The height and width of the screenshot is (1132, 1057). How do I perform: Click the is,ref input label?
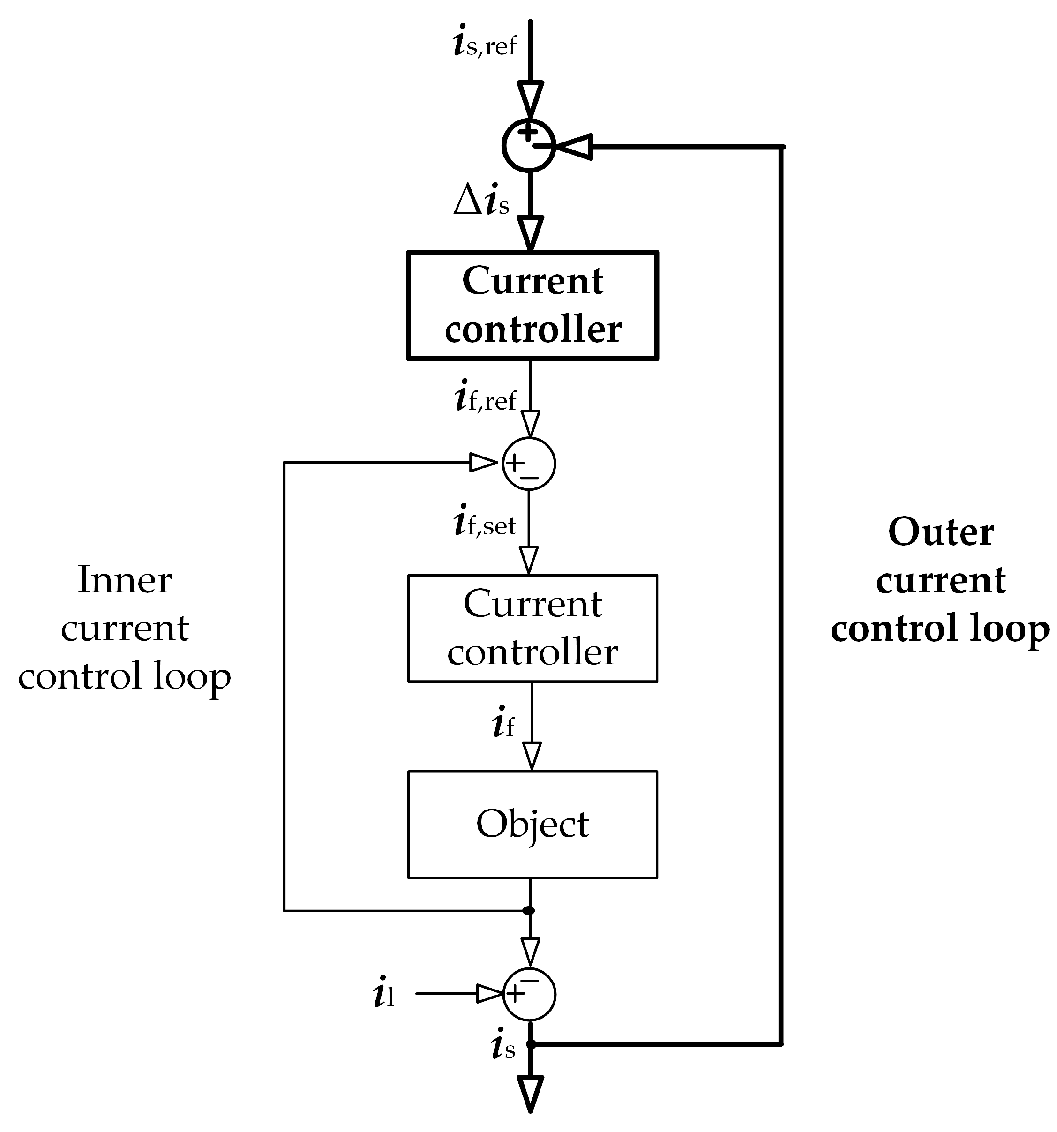[x=484, y=43]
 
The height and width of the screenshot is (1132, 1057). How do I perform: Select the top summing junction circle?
[x=529, y=146]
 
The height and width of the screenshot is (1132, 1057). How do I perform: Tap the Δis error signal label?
[x=481, y=200]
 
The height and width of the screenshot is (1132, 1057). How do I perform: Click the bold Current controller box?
[x=532, y=306]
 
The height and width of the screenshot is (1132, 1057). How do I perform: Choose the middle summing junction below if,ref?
[x=529, y=464]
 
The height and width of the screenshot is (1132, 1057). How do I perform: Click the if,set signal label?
[x=485, y=521]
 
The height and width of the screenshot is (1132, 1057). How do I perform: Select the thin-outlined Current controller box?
[x=532, y=628]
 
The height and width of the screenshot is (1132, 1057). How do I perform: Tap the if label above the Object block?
[x=503, y=723]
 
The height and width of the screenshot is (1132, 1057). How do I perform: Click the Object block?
[x=532, y=825]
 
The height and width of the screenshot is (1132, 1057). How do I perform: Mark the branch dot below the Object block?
[x=529, y=910]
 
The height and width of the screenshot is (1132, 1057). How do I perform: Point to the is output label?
[x=503, y=1045]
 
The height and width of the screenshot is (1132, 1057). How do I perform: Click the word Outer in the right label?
[x=941, y=532]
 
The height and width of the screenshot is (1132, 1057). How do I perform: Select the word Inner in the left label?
[x=124, y=580]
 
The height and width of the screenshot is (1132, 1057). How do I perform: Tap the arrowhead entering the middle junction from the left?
[x=483, y=462]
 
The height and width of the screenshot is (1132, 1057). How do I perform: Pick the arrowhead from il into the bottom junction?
[x=488, y=994]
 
